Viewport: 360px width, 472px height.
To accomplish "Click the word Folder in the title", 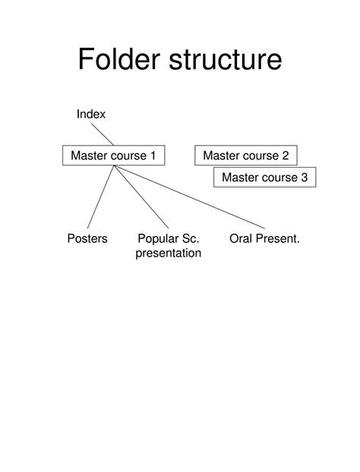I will click(121, 60).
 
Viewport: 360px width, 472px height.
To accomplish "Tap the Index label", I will click(90, 114).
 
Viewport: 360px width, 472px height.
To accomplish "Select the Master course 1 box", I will click(113, 156).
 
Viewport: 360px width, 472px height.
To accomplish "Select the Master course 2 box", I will click(245, 156).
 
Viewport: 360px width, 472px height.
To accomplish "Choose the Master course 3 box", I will click(264, 178).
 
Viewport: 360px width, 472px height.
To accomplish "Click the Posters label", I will click(87, 239).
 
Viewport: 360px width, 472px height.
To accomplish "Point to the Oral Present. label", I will click(264, 239).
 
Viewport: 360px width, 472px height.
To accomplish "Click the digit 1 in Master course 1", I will click(152, 156).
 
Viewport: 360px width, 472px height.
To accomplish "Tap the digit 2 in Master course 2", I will click(285, 156).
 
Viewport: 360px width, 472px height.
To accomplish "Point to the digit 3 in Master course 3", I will click(304, 178).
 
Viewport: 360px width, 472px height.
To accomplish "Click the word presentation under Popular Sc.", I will click(169, 253).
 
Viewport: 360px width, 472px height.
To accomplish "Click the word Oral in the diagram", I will click(241, 239).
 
